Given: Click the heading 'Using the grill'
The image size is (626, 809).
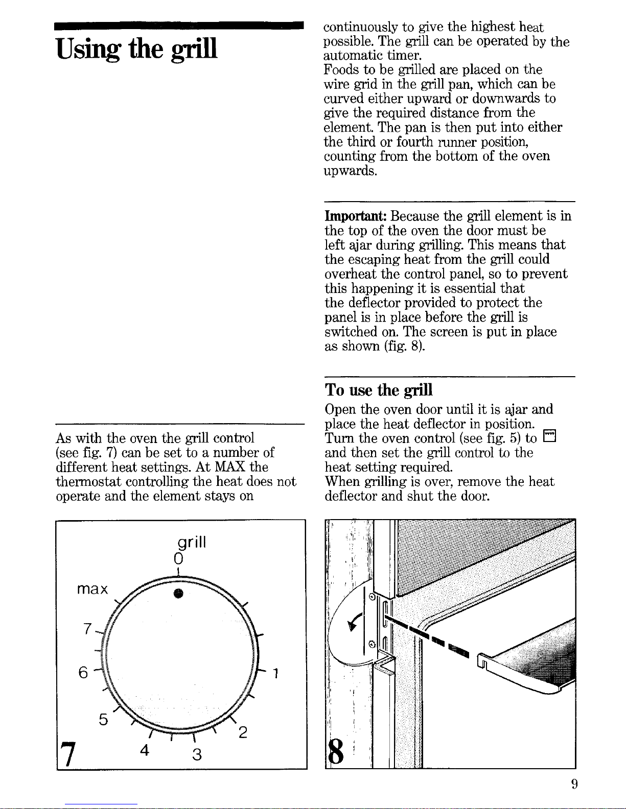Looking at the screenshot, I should (x=136, y=49).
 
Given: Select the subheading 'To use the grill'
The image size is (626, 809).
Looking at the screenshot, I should (x=379, y=390).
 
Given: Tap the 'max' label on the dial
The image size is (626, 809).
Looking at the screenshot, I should (x=92, y=590).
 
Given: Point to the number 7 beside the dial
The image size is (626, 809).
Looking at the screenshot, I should (x=88, y=629).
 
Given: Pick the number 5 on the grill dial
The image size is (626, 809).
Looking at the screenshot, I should (x=103, y=720).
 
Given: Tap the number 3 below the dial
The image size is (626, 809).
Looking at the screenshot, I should (x=197, y=754).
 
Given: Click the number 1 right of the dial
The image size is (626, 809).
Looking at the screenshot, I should (x=275, y=674).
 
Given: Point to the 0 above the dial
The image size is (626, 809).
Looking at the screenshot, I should (x=177, y=556).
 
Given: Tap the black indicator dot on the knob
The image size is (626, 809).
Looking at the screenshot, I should (x=178, y=593).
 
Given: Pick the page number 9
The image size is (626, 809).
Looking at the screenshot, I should (x=574, y=784).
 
